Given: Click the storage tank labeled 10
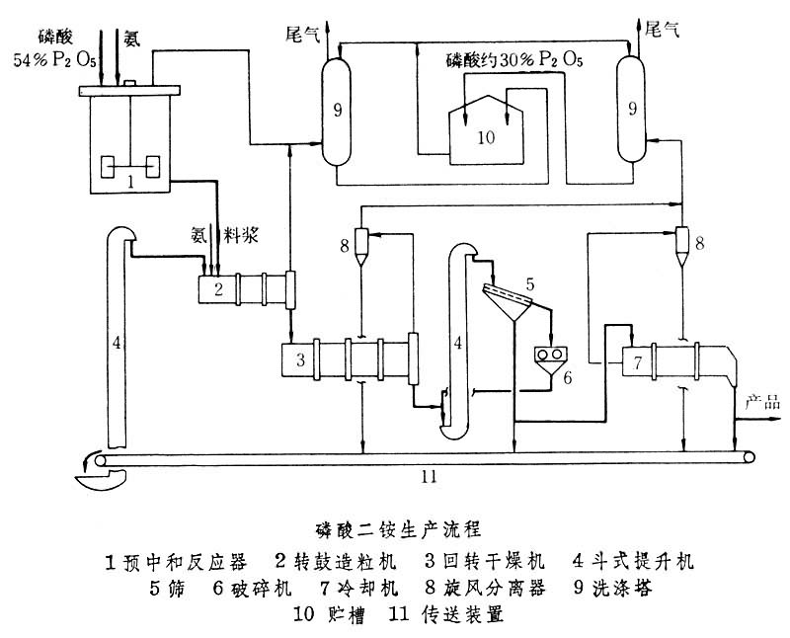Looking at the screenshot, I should [x=483, y=138].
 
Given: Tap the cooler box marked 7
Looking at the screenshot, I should [x=638, y=362].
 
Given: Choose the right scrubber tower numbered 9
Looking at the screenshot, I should [x=628, y=111].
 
